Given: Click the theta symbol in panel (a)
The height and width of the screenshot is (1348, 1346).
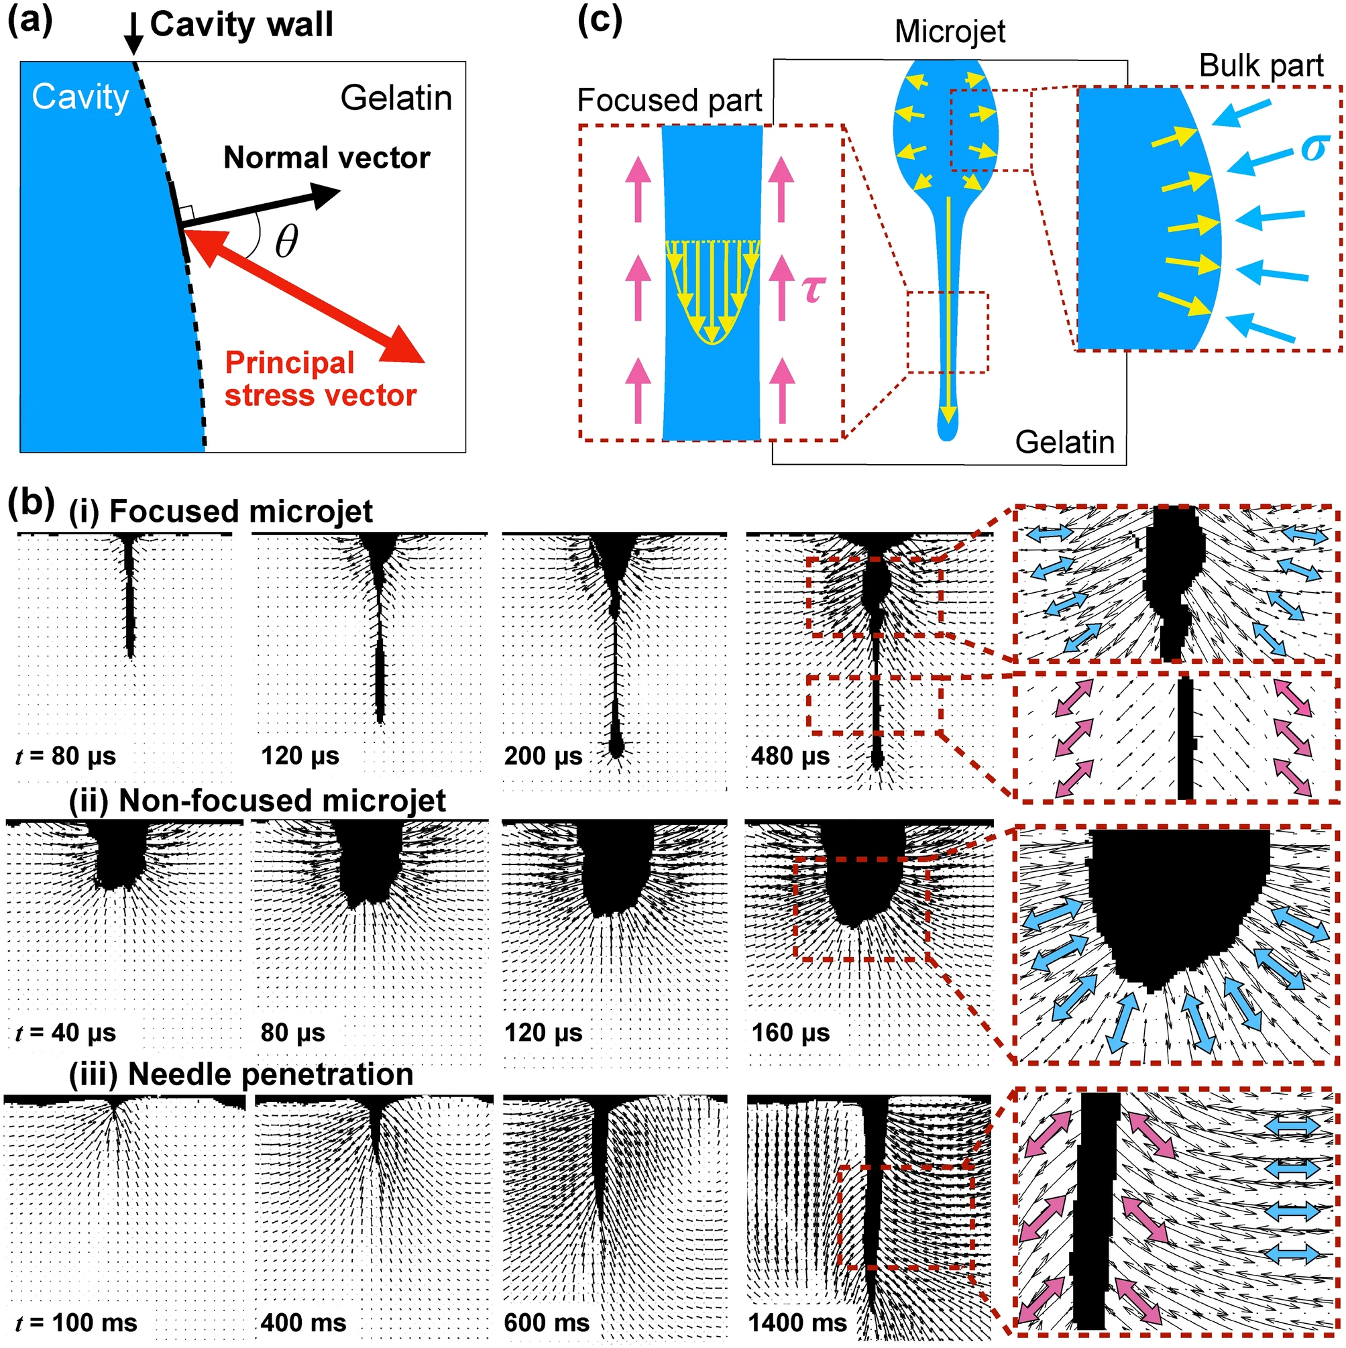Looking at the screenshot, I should [x=286, y=241].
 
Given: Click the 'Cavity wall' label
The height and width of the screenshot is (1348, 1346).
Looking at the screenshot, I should [x=241, y=25].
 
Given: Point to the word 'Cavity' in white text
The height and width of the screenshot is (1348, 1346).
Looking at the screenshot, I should [x=80, y=97].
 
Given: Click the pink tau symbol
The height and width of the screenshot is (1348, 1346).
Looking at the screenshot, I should [x=814, y=288].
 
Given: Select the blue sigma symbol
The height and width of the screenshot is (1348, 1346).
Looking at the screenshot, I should [x=1313, y=148].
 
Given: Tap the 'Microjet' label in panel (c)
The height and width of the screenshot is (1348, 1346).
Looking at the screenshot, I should [x=950, y=32].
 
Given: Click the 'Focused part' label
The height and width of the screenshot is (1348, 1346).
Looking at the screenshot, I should [x=669, y=101].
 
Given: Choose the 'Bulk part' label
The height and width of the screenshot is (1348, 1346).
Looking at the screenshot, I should [x=1261, y=66].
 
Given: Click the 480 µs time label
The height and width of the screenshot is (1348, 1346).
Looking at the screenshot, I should [x=790, y=756].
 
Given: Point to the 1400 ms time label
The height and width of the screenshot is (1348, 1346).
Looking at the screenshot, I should [x=797, y=1323].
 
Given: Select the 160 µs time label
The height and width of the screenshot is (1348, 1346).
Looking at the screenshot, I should [x=790, y=1033].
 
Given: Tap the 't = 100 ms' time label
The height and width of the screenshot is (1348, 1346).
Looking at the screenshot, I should [x=76, y=1323].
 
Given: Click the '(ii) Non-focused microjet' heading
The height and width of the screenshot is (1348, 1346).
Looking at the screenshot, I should [x=257, y=800].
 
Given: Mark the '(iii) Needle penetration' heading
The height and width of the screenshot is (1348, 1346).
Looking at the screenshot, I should [x=241, y=1074].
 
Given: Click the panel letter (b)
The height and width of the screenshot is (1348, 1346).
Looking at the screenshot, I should [x=31, y=502].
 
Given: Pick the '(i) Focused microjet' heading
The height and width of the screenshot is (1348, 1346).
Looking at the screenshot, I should [x=221, y=512].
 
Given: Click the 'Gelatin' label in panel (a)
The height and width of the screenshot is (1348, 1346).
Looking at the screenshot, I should [x=396, y=98].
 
